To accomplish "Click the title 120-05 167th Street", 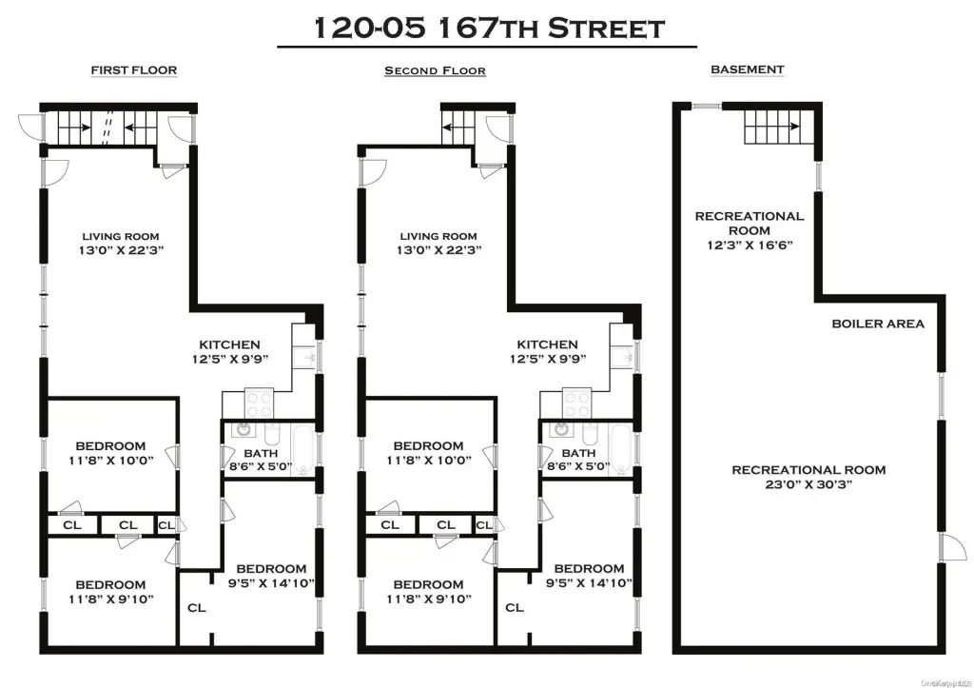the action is pyautogui.click(x=489, y=28).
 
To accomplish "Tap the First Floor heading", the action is pyautogui.click(x=134, y=70).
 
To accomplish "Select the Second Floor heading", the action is pyautogui.click(x=435, y=70).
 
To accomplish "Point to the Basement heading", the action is pyautogui.click(x=748, y=69).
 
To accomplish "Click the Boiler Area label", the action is pyautogui.click(x=878, y=324).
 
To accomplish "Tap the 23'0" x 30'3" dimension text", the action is pyautogui.click(x=808, y=484).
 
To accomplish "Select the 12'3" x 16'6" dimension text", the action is pyautogui.click(x=750, y=245).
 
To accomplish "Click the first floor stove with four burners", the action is pyautogui.click(x=259, y=403).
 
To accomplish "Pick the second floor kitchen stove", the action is pyautogui.click(x=577, y=403).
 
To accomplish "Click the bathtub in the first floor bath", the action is pyautogui.click(x=304, y=449).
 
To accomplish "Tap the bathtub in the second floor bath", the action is pyautogui.click(x=622, y=449).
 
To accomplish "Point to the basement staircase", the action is pyautogui.click(x=779, y=128).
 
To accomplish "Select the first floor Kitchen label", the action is pyautogui.click(x=230, y=344).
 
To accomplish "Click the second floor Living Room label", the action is pyautogui.click(x=438, y=236).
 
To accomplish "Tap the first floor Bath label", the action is pyautogui.click(x=261, y=454).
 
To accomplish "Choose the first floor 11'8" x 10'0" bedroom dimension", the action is pyautogui.click(x=111, y=461).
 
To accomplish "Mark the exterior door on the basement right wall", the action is pyautogui.click(x=951, y=548).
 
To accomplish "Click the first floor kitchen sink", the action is pyautogui.click(x=307, y=357).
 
